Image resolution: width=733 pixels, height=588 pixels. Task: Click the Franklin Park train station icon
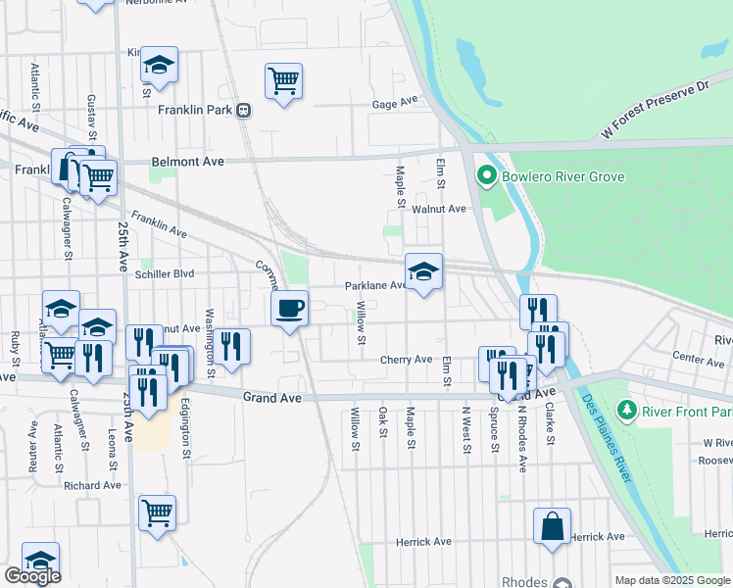[242, 111]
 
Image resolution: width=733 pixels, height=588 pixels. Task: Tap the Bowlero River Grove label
[549, 177]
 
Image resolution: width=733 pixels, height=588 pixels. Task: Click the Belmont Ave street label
[188, 161]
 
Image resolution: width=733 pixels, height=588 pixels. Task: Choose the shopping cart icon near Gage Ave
[283, 80]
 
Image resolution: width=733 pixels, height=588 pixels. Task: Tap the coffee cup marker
[289, 309]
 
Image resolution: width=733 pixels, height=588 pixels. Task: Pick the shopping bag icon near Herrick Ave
[553, 525]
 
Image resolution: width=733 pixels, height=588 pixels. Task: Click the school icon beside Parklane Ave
[423, 271]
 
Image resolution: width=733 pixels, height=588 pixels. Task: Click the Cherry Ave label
[407, 360]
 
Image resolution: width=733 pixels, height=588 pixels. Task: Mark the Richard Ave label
[91, 485]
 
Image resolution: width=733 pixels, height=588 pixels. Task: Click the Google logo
[32, 576]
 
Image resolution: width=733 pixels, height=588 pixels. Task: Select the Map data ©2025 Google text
[671, 580]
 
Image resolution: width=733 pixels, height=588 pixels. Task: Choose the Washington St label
[210, 333]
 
